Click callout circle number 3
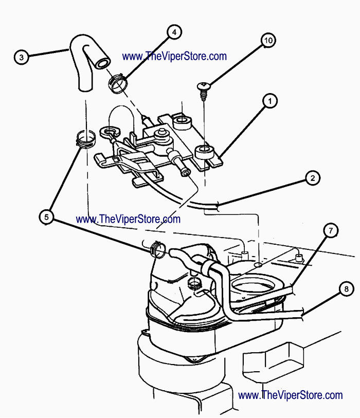pyautogui.click(x=21, y=57)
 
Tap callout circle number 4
pyautogui.click(x=174, y=32)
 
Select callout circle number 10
pyautogui.click(x=268, y=40)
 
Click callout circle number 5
pyautogui.click(x=47, y=217)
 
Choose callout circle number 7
pyautogui.click(x=331, y=231)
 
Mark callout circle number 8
pyautogui.click(x=341, y=289)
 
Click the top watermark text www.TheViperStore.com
pyautogui.click(x=174, y=56)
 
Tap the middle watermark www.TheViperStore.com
pyautogui.click(x=128, y=219)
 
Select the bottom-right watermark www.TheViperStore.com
pyautogui.click(x=291, y=395)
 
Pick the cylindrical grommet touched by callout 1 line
pyautogui.click(x=205, y=153)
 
